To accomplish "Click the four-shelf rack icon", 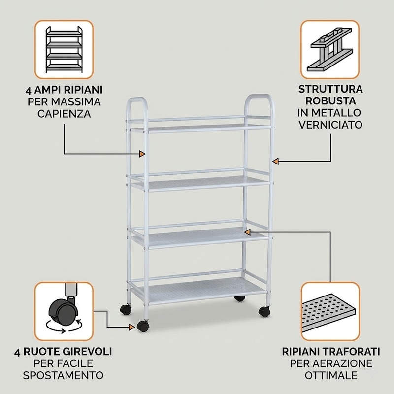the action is [x=64, y=49].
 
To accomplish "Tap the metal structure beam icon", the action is [x=330, y=49].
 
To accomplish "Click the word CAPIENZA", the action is [x=64, y=114].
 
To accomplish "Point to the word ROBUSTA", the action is [x=330, y=101].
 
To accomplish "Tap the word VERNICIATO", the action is [x=330, y=125].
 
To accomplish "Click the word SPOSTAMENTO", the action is [x=63, y=375].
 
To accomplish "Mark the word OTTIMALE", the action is [x=331, y=375].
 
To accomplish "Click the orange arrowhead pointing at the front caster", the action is [x=131, y=327].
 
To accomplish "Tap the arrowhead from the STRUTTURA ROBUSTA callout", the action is [x=276, y=161].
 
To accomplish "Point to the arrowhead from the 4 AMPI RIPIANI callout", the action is [x=142, y=154].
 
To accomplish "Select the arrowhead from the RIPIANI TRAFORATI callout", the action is [x=247, y=232].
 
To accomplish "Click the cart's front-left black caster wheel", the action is [x=143, y=326].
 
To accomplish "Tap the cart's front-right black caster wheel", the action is [x=264, y=311].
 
